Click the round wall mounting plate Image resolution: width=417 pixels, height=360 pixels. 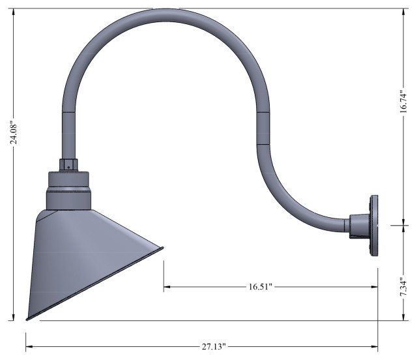(374, 226)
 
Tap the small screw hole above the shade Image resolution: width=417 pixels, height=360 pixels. (69, 166)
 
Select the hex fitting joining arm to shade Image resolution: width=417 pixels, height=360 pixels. (69, 165)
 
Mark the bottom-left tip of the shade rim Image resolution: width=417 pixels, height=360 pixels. (27, 319)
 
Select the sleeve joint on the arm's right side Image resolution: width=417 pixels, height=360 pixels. (263, 127)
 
